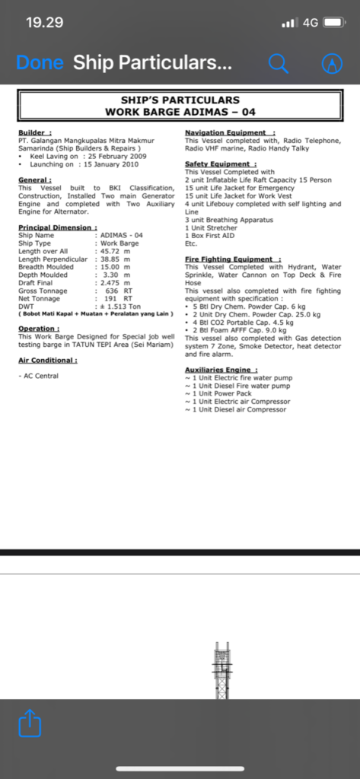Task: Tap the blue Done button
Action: click(x=40, y=63)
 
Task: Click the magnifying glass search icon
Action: click(x=279, y=63)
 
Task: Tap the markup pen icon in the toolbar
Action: click(x=332, y=63)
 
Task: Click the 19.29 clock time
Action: click(x=44, y=22)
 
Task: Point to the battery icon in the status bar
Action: click(x=335, y=23)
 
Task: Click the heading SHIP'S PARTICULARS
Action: click(x=180, y=100)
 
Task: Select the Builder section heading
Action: click(x=35, y=132)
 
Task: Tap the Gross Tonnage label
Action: click(x=43, y=291)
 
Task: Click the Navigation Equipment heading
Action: click(x=230, y=132)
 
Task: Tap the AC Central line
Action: click(x=38, y=376)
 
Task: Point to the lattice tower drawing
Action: click(x=221, y=669)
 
